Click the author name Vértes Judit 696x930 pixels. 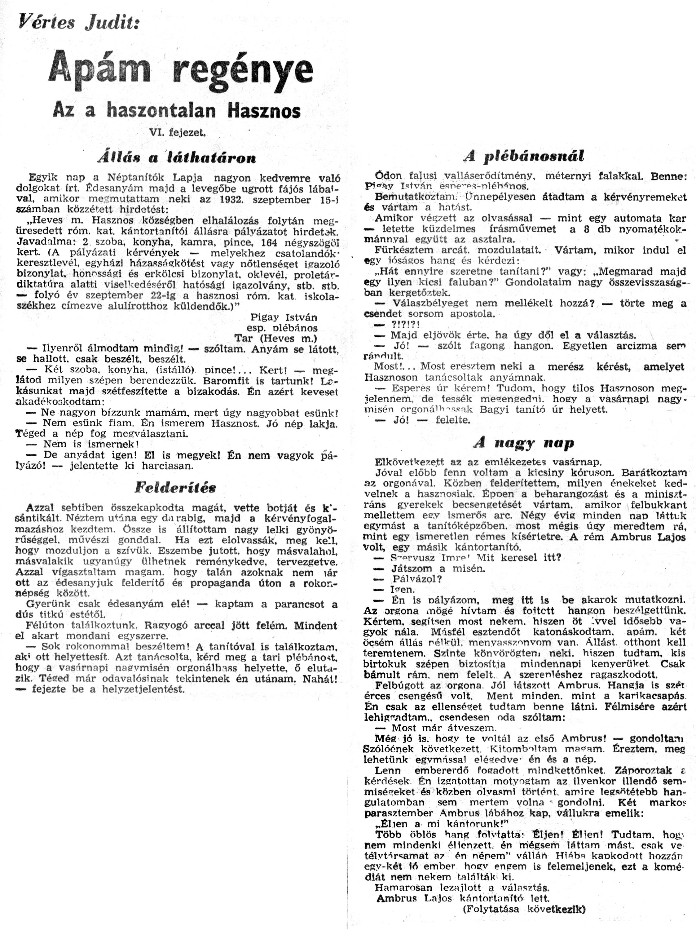(78, 22)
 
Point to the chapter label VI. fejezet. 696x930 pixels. (177, 133)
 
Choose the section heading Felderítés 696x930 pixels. (175, 487)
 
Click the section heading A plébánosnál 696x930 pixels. (524, 157)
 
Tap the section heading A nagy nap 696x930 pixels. (523, 443)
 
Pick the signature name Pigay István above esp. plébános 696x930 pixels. (283, 317)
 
